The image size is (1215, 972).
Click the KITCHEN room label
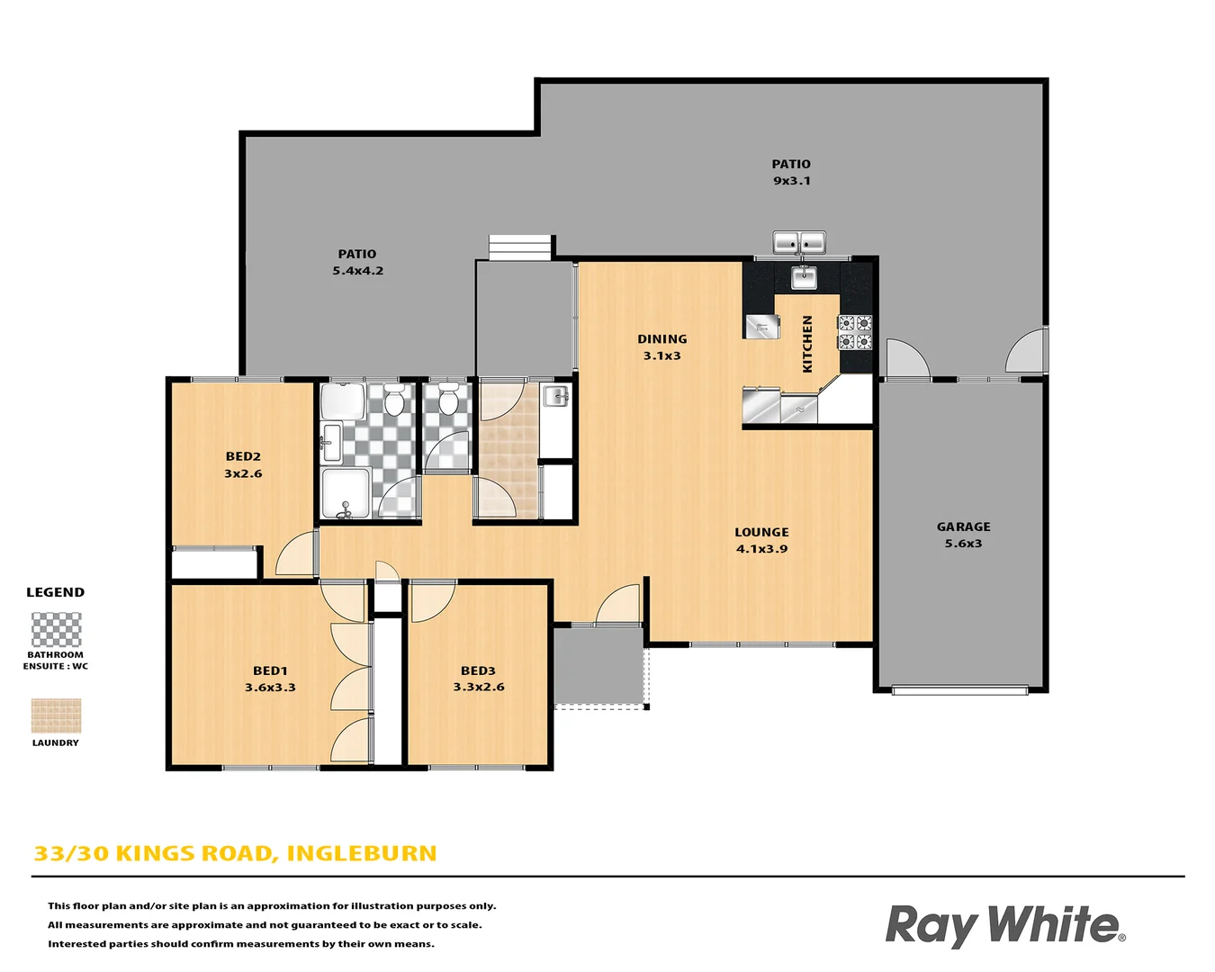coord(807,344)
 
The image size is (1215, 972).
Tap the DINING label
coord(661,339)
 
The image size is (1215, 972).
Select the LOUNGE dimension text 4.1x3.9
coord(761,549)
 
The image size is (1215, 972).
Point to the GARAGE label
coord(963,526)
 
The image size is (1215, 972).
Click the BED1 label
coord(270,670)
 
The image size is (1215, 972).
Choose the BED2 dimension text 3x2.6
coord(243,473)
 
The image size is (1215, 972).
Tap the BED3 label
coord(478,670)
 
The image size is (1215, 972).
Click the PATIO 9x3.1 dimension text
coord(791,181)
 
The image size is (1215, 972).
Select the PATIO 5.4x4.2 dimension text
coord(357,271)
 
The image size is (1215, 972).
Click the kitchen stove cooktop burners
coord(855,332)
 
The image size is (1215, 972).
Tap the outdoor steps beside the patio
coord(520,247)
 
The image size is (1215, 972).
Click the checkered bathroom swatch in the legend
coord(56,630)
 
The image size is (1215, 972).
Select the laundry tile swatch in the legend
coord(56,715)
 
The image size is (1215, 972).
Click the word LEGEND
coord(55,592)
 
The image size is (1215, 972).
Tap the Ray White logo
coord(1004,925)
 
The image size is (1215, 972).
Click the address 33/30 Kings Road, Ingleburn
coord(235,853)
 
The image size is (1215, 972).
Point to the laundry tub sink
coord(556,396)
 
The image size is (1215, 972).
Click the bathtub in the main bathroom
coord(343,401)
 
